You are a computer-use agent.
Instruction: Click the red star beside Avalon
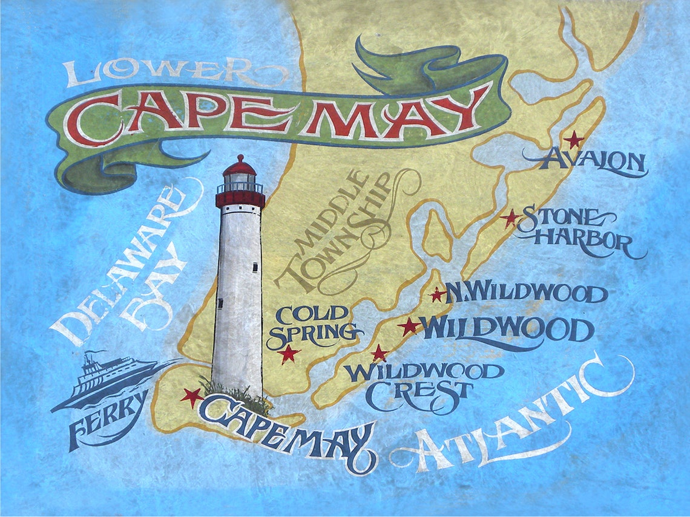tap(573, 140)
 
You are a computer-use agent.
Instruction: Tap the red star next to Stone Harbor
tap(510, 218)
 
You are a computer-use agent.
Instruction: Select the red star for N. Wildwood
tap(437, 294)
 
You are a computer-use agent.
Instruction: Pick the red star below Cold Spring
tap(289, 353)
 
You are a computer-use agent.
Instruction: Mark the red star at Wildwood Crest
tap(379, 353)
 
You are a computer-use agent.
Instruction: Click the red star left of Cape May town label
tap(192, 397)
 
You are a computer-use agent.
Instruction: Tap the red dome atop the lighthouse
tap(240, 166)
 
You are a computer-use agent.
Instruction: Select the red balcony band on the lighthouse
tap(240, 198)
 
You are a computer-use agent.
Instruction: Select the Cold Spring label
tap(312, 323)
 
